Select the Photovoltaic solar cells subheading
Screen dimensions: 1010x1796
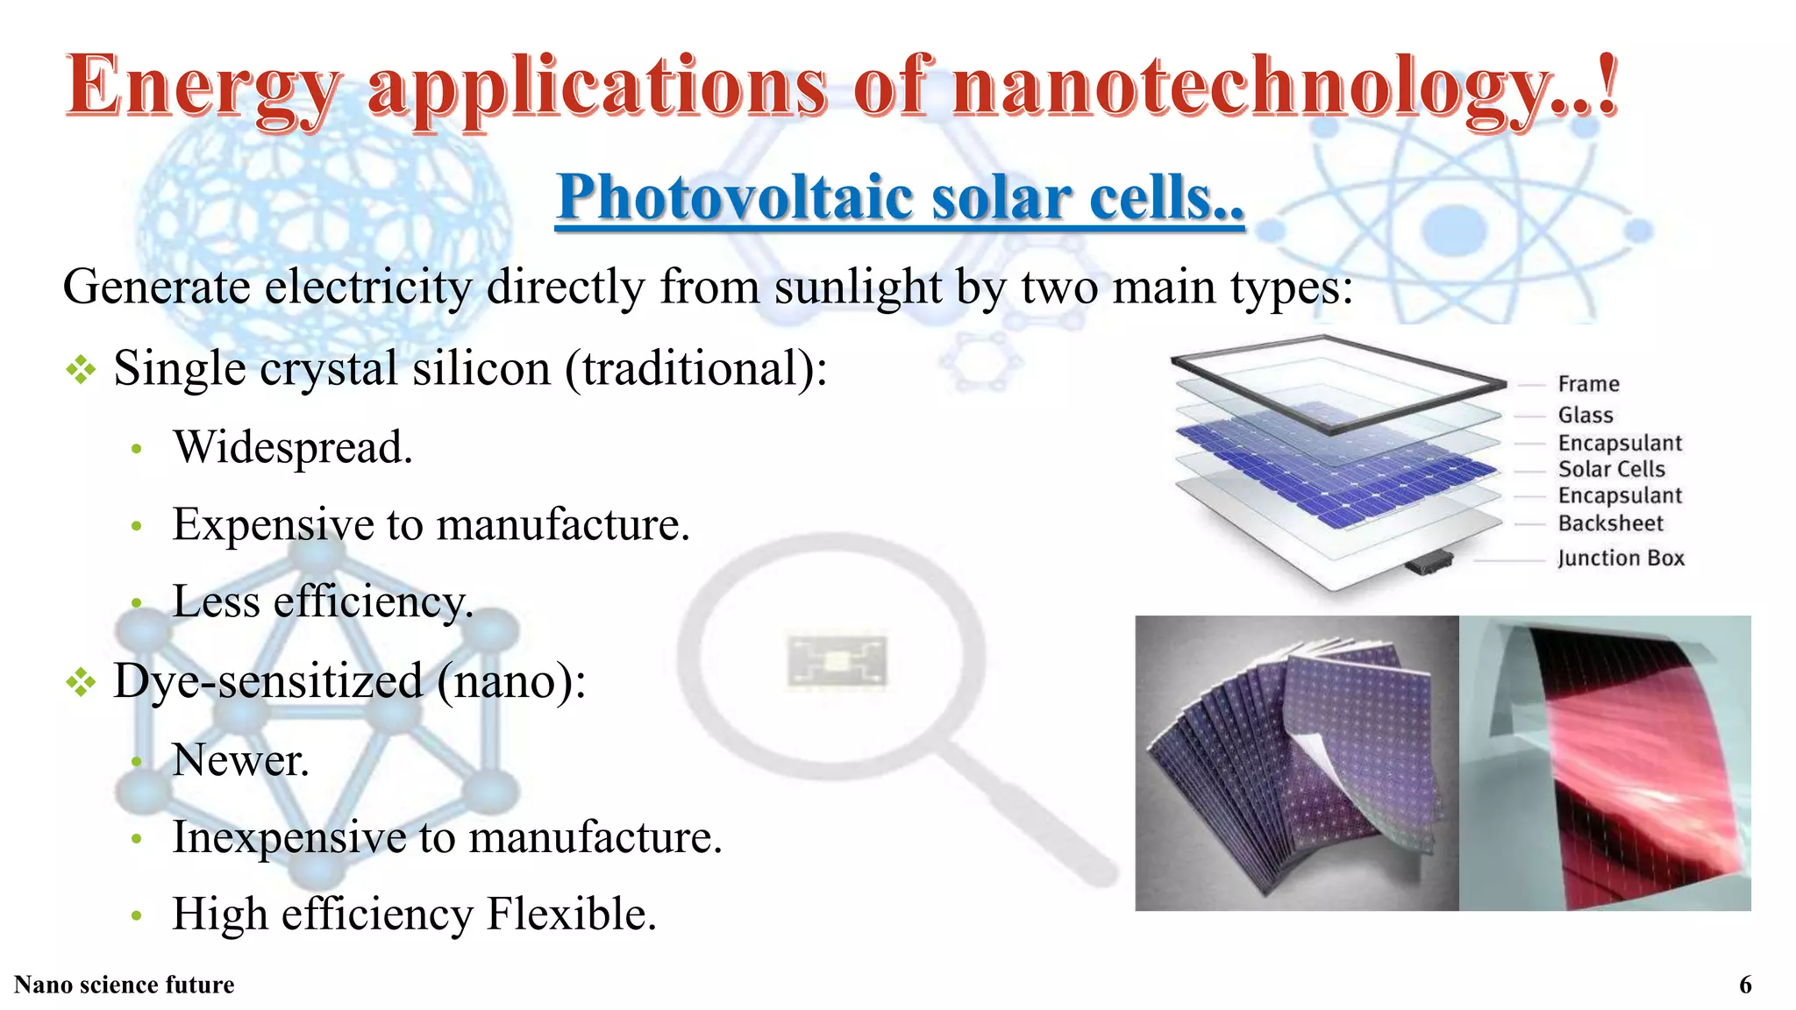pos(900,197)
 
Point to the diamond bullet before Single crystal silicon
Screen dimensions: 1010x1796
pos(81,369)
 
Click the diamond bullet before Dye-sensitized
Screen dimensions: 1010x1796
pos(81,682)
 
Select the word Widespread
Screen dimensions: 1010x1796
pos(292,447)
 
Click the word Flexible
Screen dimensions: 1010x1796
pos(570,914)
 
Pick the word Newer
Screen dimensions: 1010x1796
pos(240,760)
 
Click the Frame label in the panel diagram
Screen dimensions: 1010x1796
pos(1588,384)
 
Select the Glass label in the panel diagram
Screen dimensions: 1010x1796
pos(1585,415)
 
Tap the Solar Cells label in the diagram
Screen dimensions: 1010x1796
pos(1611,469)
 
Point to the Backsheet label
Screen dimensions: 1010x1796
pos(1610,523)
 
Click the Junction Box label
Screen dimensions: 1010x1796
pos(1621,558)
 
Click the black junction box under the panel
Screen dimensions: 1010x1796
pos(1428,561)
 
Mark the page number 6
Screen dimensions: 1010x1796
pos(1745,985)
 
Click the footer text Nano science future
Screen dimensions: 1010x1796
pos(125,985)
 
